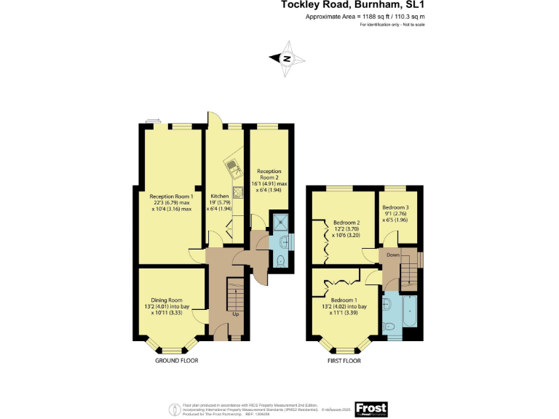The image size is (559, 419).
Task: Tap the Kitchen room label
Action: [x=220, y=196]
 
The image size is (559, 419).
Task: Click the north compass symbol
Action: [x=287, y=59]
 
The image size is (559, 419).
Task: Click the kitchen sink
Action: [x=231, y=168]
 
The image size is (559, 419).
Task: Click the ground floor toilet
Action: [x=280, y=260]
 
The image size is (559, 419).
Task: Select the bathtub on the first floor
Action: [x=408, y=316]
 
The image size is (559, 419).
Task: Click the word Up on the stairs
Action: [x=235, y=314]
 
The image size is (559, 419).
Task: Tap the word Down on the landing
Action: [x=392, y=255]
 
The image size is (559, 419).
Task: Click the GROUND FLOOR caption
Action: [x=177, y=360]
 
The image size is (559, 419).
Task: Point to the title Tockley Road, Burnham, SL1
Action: [x=353, y=4]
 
